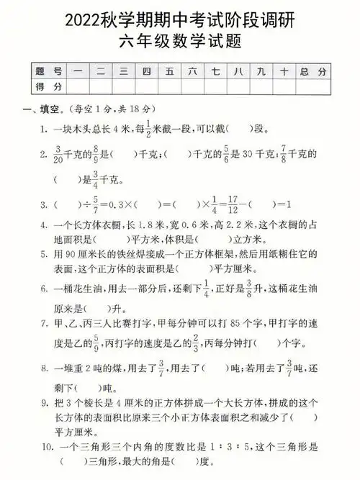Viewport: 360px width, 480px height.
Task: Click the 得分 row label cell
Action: coord(48,86)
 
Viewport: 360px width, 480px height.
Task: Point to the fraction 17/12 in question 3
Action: coord(227,204)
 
